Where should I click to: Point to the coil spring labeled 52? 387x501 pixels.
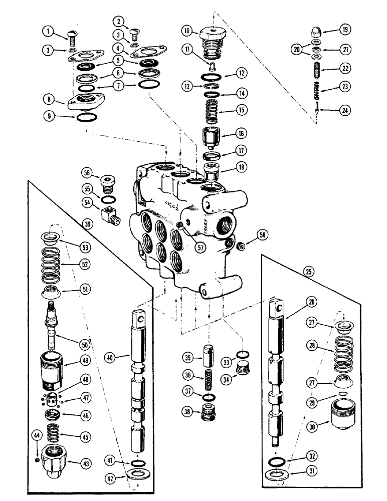[50, 261]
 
